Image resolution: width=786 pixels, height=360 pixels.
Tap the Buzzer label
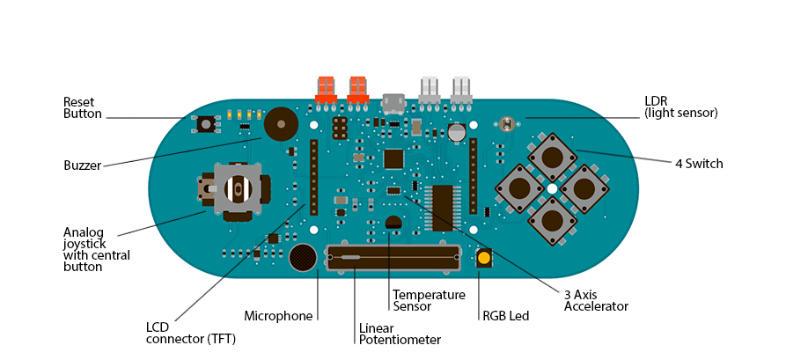[x=83, y=165]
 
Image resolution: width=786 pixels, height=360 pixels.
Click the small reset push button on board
[x=207, y=124]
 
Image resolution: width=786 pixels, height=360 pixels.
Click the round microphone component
[x=303, y=257]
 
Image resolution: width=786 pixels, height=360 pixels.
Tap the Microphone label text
[x=278, y=316]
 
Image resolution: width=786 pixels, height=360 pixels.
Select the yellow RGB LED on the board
[x=484, y=258]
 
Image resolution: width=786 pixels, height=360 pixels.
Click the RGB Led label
[x=505, y=316]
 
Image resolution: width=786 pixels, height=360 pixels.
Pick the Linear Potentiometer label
[x=400, y=334]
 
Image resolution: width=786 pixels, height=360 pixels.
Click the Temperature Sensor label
[x=429, y=300]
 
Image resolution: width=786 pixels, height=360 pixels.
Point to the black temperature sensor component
[x=393, y=223]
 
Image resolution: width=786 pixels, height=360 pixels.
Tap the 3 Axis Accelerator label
[x=596, y=300]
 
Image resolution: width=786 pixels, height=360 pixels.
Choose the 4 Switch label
[x=699, y=164]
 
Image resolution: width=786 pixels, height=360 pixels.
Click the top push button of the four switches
[x=552, y=157]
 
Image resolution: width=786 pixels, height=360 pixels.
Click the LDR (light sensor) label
[x=680, y=107]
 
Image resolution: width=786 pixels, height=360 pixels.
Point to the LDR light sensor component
[x=505, y=124]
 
